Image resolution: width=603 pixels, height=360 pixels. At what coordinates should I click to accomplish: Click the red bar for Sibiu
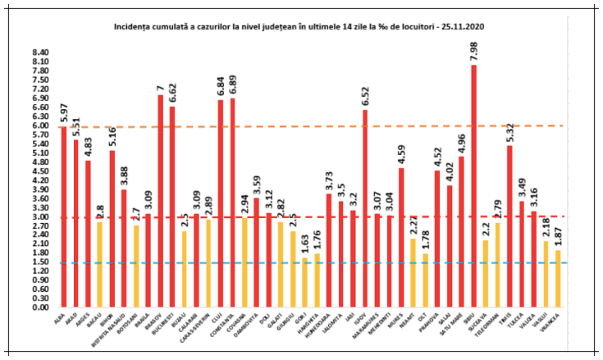tap(473, 185)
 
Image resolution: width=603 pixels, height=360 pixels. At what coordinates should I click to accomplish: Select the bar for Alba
tap(64, 217)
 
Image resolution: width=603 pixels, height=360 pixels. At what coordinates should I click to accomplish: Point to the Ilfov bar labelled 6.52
tap(365, 208)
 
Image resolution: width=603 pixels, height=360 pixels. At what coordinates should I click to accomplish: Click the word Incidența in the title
tap(136, 27)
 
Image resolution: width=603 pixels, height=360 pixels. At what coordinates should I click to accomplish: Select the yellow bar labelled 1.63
tap(305, 282)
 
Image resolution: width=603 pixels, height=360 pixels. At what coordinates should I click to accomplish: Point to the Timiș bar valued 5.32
tap(509, 226)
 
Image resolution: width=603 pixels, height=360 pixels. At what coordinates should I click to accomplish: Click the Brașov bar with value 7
tap(161, 201)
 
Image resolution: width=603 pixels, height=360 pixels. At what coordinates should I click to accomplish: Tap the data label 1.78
tap(425, 240)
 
